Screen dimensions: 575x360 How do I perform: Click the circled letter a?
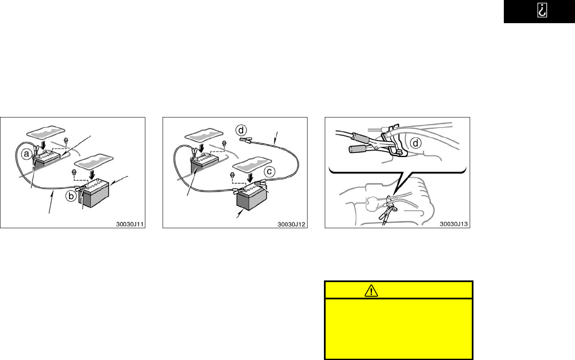pos(26,154)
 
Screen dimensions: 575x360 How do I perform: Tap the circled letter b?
pos(71,196)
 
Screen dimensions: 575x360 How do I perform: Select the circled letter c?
pos(269,171)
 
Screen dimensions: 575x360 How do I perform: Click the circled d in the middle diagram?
pos(241,131)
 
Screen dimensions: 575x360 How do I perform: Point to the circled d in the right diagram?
pos(415,143)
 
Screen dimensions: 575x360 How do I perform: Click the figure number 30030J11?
pos(130,224)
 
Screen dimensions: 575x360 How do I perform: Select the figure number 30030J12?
pos(292,224)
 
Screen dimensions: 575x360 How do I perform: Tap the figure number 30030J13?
pos(454,224)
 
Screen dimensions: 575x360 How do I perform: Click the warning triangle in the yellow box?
pos(371,291)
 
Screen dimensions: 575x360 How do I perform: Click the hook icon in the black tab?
pos(542,10)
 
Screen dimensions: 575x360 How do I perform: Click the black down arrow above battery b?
pos(92,175)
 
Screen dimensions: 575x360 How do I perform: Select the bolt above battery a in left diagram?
pos(66,140)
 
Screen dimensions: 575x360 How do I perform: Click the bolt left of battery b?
pos(74,172)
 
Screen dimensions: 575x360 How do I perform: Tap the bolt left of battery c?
pos(232,175)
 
